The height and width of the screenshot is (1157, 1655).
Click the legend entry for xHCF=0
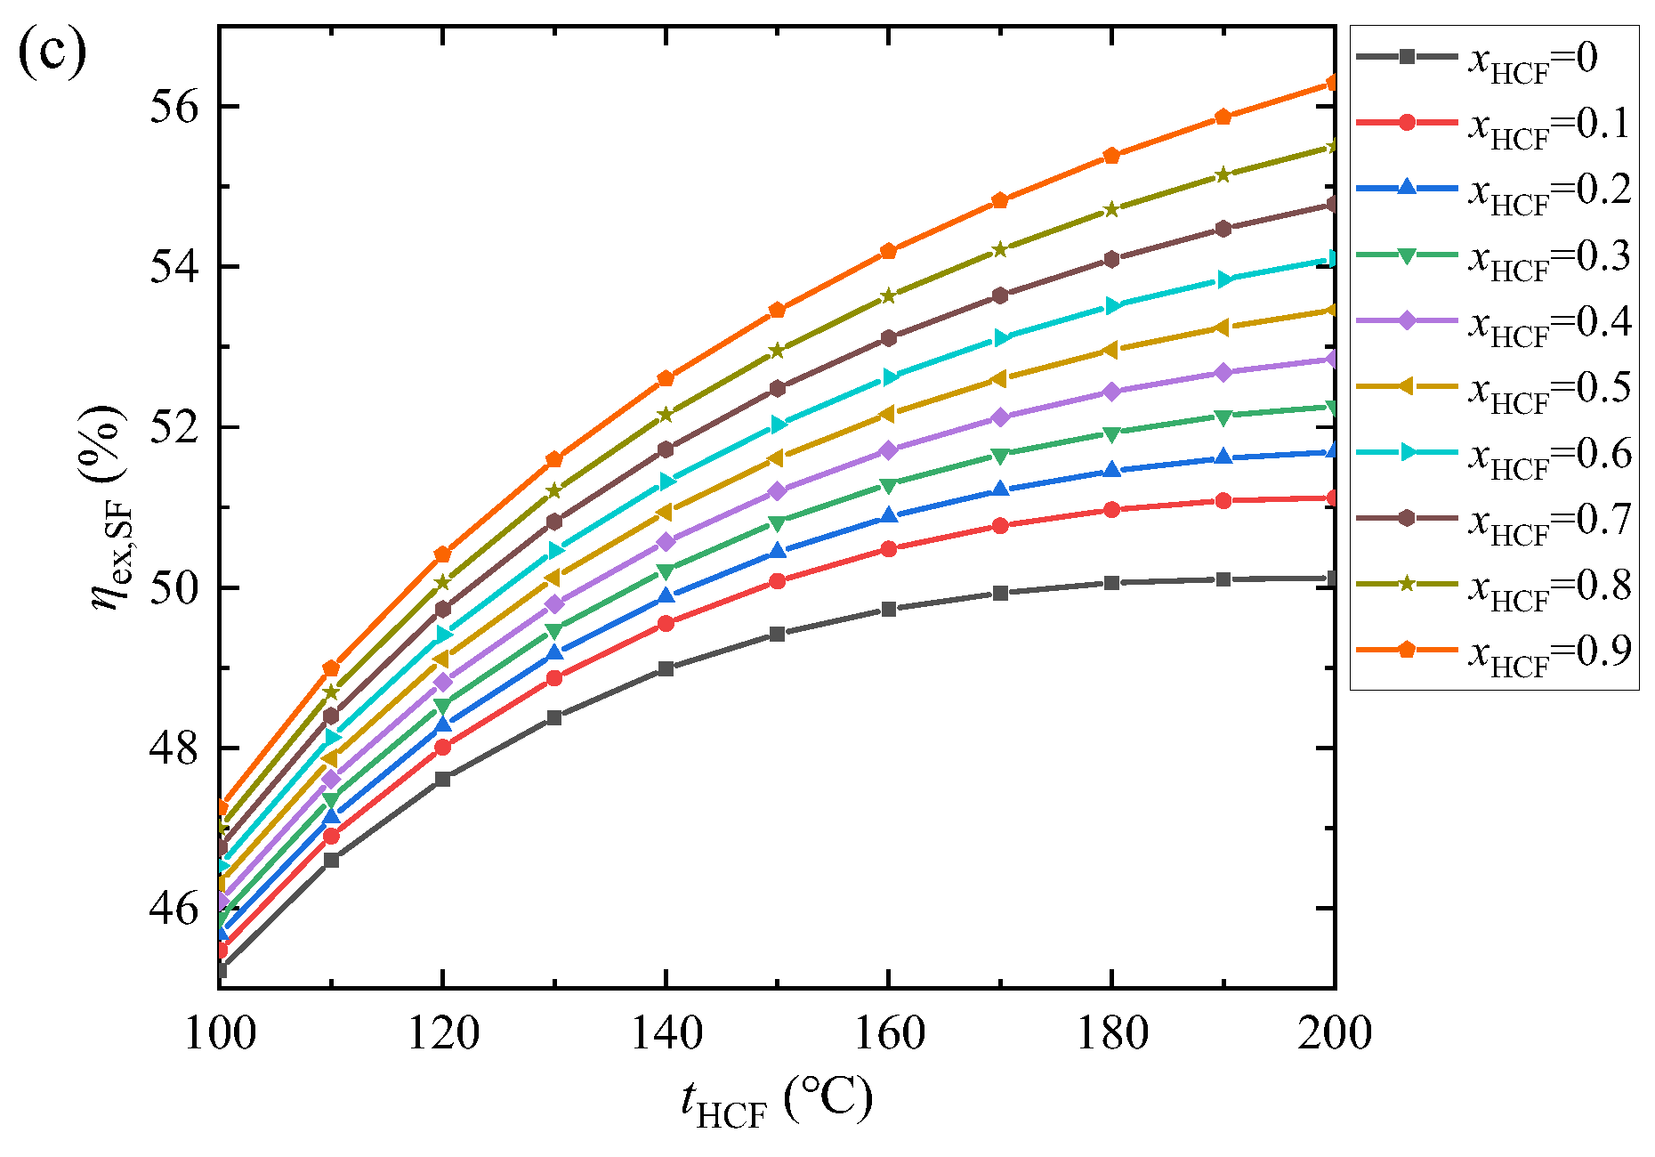point(1494,58)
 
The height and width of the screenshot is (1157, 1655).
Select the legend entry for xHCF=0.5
point(1494,387)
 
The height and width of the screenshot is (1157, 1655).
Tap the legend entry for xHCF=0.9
point(1494,651)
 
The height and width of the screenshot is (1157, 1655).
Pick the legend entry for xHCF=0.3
point(1494,255)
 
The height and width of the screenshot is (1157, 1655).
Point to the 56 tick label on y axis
point(174,107)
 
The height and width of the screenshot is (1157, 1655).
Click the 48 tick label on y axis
point(174,748)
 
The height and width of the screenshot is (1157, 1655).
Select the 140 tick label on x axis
point(666,1034)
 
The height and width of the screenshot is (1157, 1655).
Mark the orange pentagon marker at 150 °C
point(777,310)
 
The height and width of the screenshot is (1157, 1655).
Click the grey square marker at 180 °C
point(1111,583)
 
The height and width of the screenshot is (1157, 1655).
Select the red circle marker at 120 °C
point(442,747)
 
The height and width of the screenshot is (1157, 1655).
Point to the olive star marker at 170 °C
point(1000,249)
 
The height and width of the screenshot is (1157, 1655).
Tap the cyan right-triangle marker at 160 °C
point(889,377)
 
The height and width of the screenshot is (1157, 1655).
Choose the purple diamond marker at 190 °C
point(1223,372)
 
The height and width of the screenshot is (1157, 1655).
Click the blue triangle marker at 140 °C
point(666,595)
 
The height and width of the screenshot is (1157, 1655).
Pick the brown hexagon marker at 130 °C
point(554,522)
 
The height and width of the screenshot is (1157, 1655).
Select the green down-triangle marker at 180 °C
point(1111,433)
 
